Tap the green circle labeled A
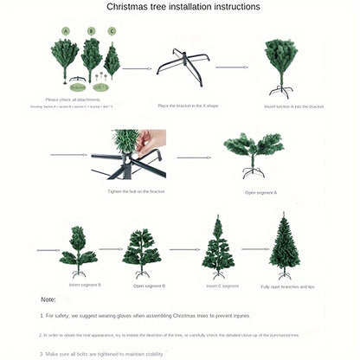[x=65, y=30]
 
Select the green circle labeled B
[x=91, y=30]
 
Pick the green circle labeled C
[x=112, y=30]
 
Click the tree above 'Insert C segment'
[x=217, y=246]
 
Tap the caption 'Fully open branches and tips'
[x=287, y=286]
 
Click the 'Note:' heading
[x=48, y=299]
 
